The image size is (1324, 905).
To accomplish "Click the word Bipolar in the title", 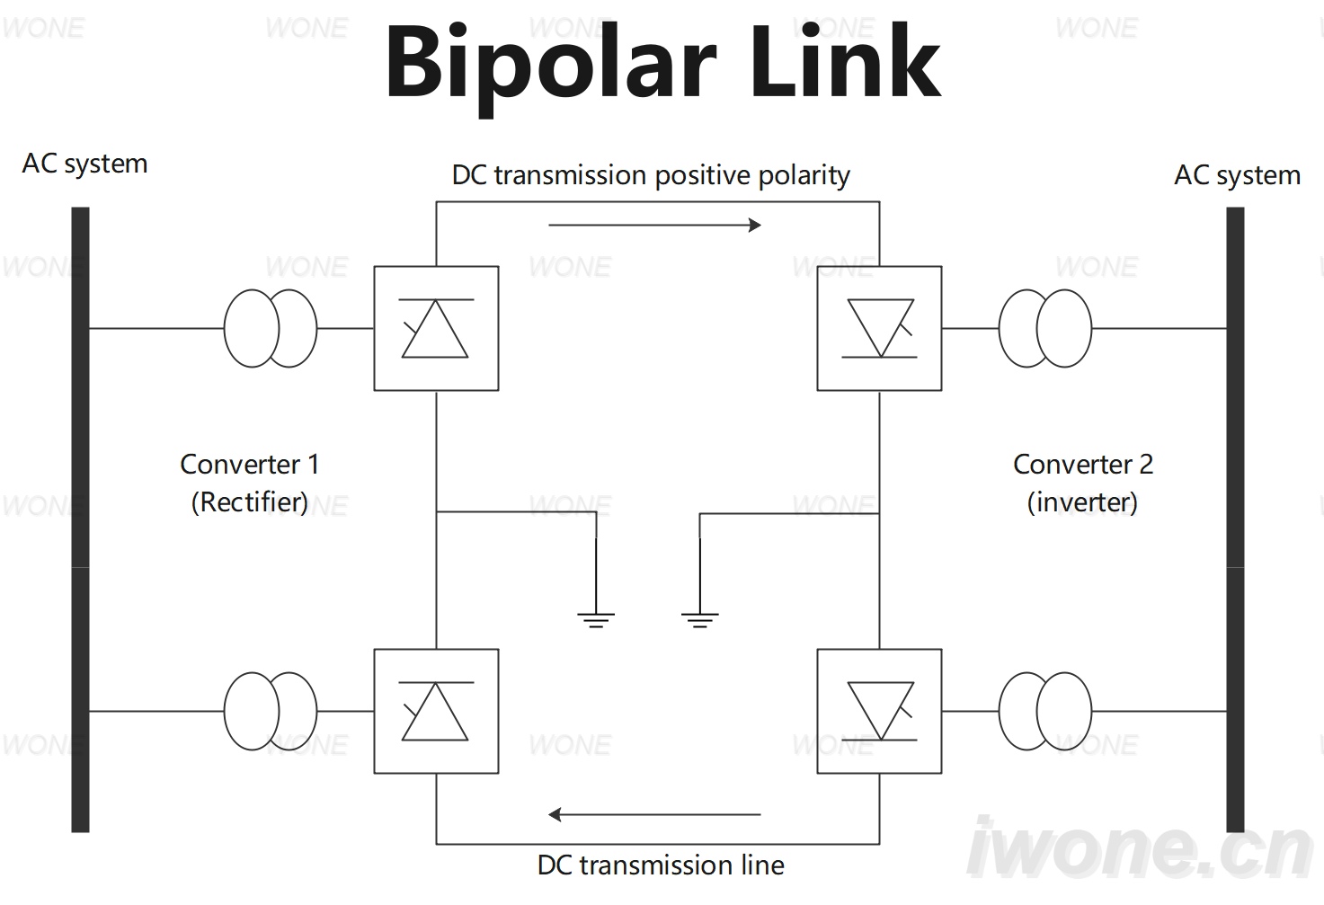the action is pyautogui.click(x=551, y=64).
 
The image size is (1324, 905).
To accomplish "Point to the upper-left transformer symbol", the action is pyautogui.click(x=225, y=328).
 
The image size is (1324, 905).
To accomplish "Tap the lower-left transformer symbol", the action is pyautogui.click(x=225, y=711).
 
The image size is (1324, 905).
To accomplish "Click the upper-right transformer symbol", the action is pyautogui.click(x=999, y=328).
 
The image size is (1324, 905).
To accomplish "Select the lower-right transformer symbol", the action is pyautogui.click(x=999, y=711).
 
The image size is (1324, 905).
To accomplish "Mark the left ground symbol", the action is pyautogui.click(x=596, y=615).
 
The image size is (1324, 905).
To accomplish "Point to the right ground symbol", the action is pyautogui.click(x=700, y=615).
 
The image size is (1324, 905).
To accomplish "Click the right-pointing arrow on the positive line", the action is pyautogui.click(x=655, y=225).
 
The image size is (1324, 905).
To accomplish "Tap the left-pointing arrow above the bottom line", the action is pyautogui.click(x=655, y=814).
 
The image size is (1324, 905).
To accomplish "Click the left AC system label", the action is pyautogui.click(x=84, y=164).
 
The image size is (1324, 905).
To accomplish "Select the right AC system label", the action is pyautogui.click(x=1237, y=175).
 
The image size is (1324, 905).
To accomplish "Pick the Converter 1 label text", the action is pyautogui.click(x=250, y=464).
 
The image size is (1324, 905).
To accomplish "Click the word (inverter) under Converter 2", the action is pyautogui.click(x=1082, y=502).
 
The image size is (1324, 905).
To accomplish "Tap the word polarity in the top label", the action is pyautogui.click(x=804, y=175).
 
